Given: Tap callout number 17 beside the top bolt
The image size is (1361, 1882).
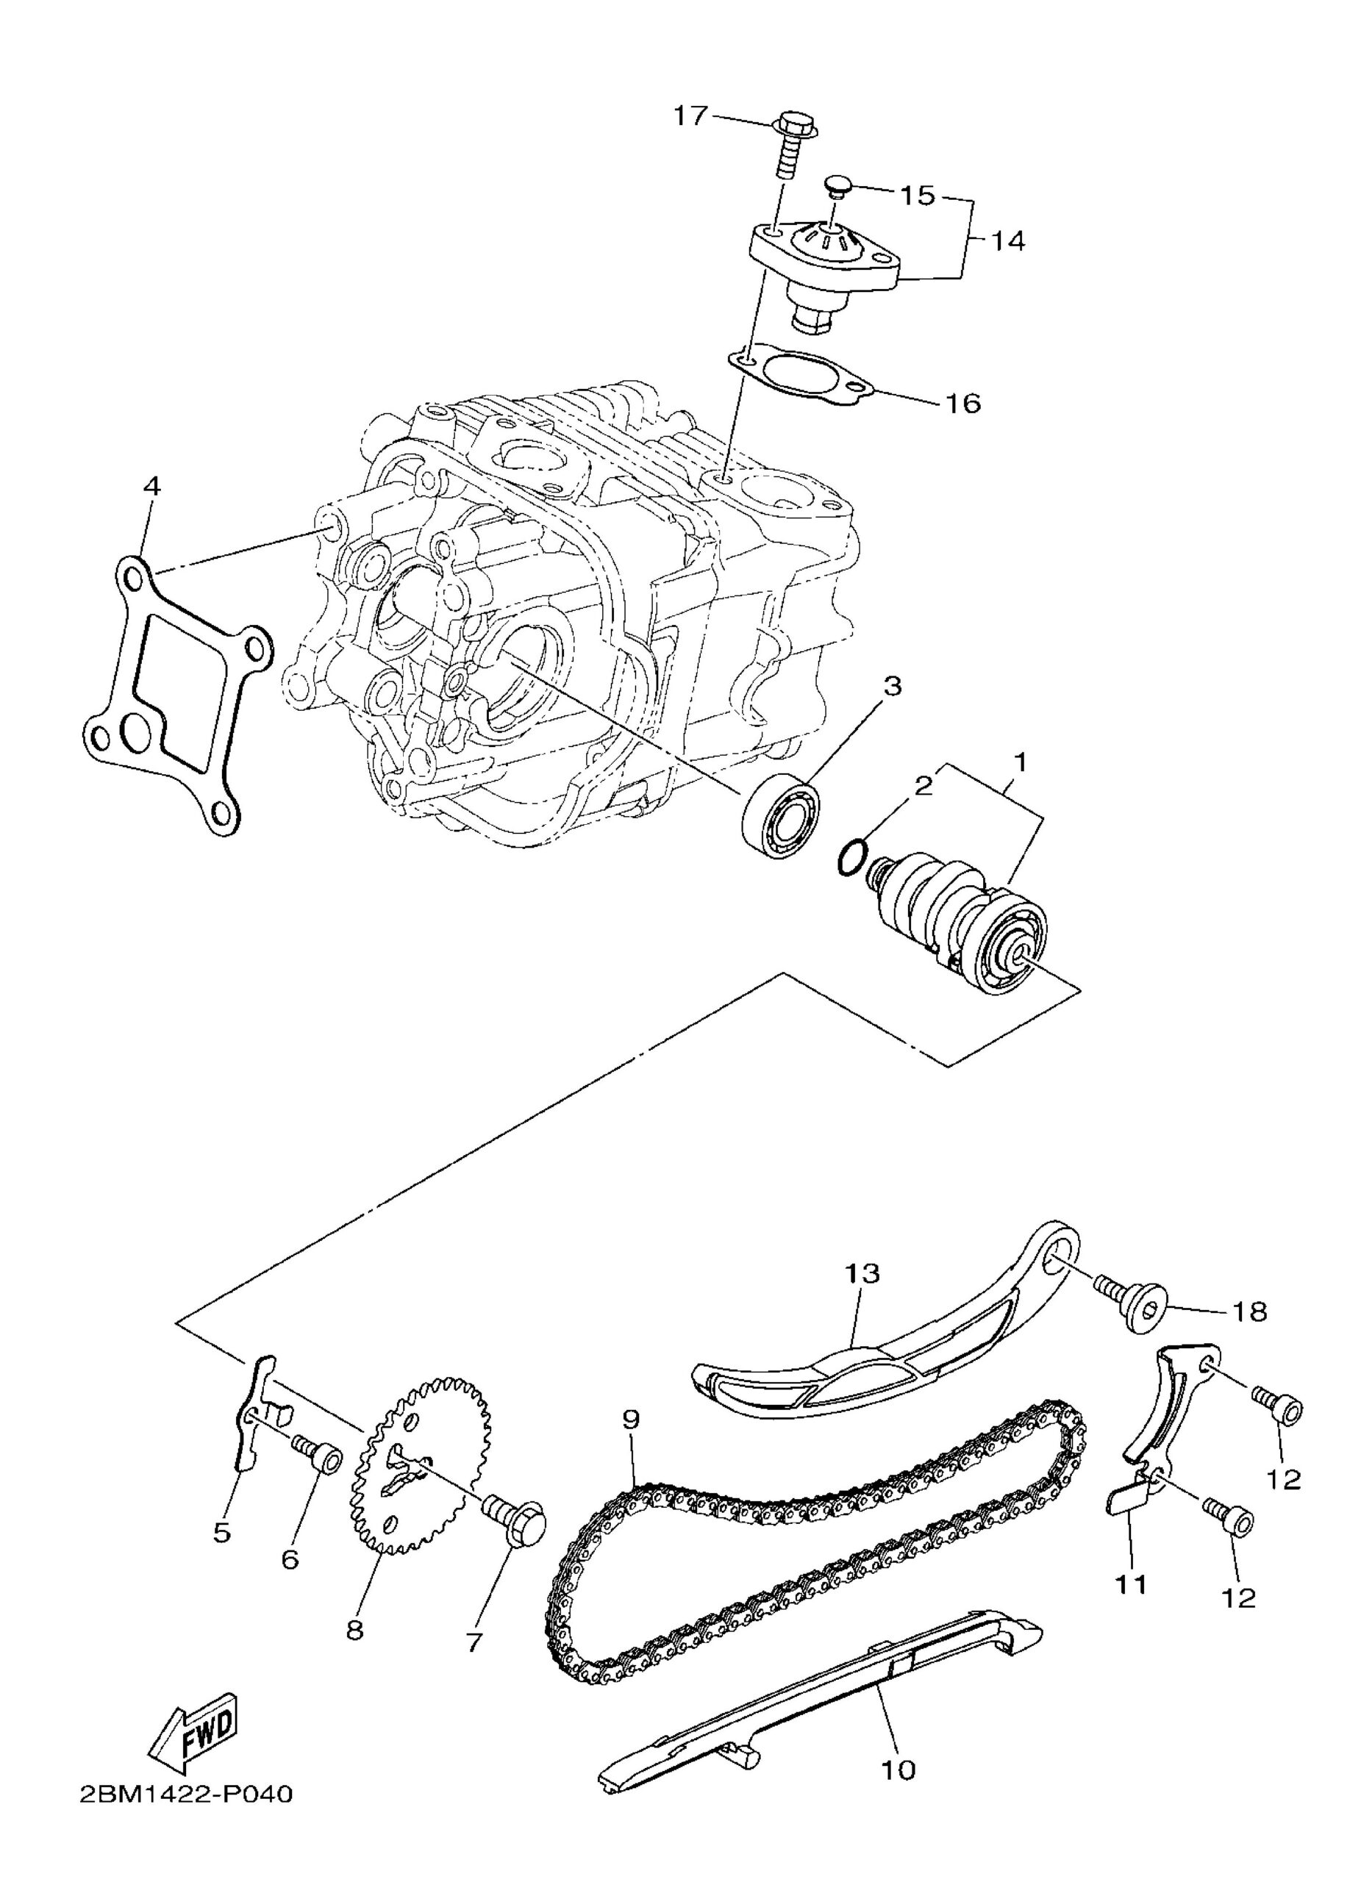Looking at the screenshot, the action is pyautogui.click(x=690, y=115).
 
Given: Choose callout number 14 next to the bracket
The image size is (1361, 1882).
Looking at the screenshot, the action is pyautogui.click(x=1006, y=241).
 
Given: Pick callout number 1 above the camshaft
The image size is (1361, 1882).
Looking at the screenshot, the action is pyautogui.click(x=1020, y=760).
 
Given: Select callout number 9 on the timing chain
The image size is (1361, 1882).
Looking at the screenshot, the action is pyautogui.click(x=630, y=1420).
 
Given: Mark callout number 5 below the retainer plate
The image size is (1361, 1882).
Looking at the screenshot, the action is pyautogui.click(x=221, y=1532).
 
